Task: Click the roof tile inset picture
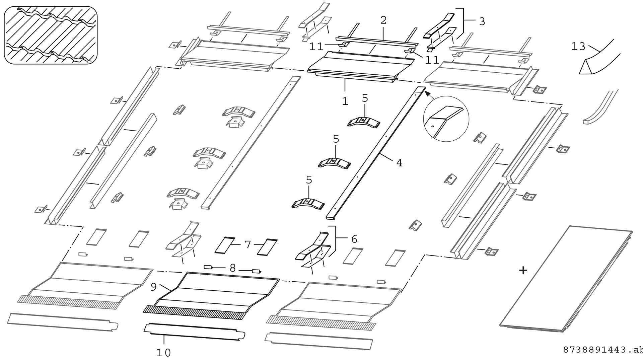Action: click(x=51, y=35)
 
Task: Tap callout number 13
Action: click(x=578, y=46)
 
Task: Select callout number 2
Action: click(x=383, y=20)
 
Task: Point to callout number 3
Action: click(x=482, y=22)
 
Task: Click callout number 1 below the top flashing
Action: click(x=345, y=101)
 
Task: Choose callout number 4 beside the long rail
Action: click(x=399, y=163)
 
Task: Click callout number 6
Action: click(x=354, y=239)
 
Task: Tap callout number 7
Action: click(x=247, y=245)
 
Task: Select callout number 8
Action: click(x=233, y=268)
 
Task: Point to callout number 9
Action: click(x=154, y=287)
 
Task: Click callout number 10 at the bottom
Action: click(x=163, y=353)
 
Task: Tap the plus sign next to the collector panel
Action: click(x=523, y=270)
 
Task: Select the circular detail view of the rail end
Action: click(x=446, y=119)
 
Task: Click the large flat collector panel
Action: click(x=566, y=280)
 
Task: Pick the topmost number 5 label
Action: click(x=365, y=98)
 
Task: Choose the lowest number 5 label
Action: click(x=309, y=180)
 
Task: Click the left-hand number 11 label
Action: click(x=316, y=47)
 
